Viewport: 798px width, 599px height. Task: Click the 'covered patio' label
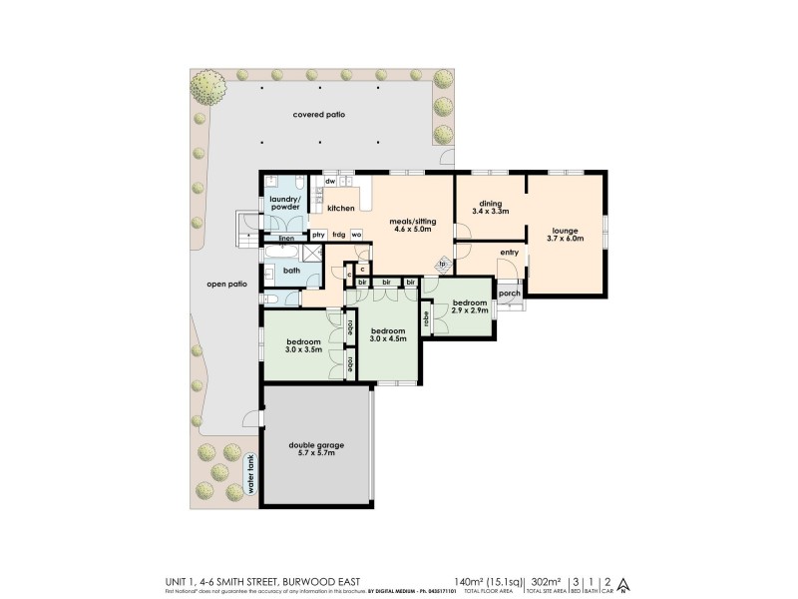click(x=318, y=115)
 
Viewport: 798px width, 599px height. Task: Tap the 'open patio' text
click(x=226, y=284)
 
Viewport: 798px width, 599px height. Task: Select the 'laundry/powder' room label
click(x=285, y=204)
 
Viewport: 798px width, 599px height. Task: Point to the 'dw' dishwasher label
click(x=329, y=181)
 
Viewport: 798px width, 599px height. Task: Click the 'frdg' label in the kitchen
click(x=339, y=235)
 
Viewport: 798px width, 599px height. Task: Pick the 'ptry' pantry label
click(x=318, y=235)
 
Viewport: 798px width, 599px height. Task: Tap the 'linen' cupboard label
click(x=286, y=240)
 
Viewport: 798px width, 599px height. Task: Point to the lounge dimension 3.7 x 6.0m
click(x=565, y=239)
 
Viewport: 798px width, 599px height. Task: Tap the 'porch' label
click(x=509, y=294)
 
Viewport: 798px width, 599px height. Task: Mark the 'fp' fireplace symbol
click(x=442, y=266)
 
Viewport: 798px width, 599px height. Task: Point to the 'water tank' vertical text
click(x=252, y=476)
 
